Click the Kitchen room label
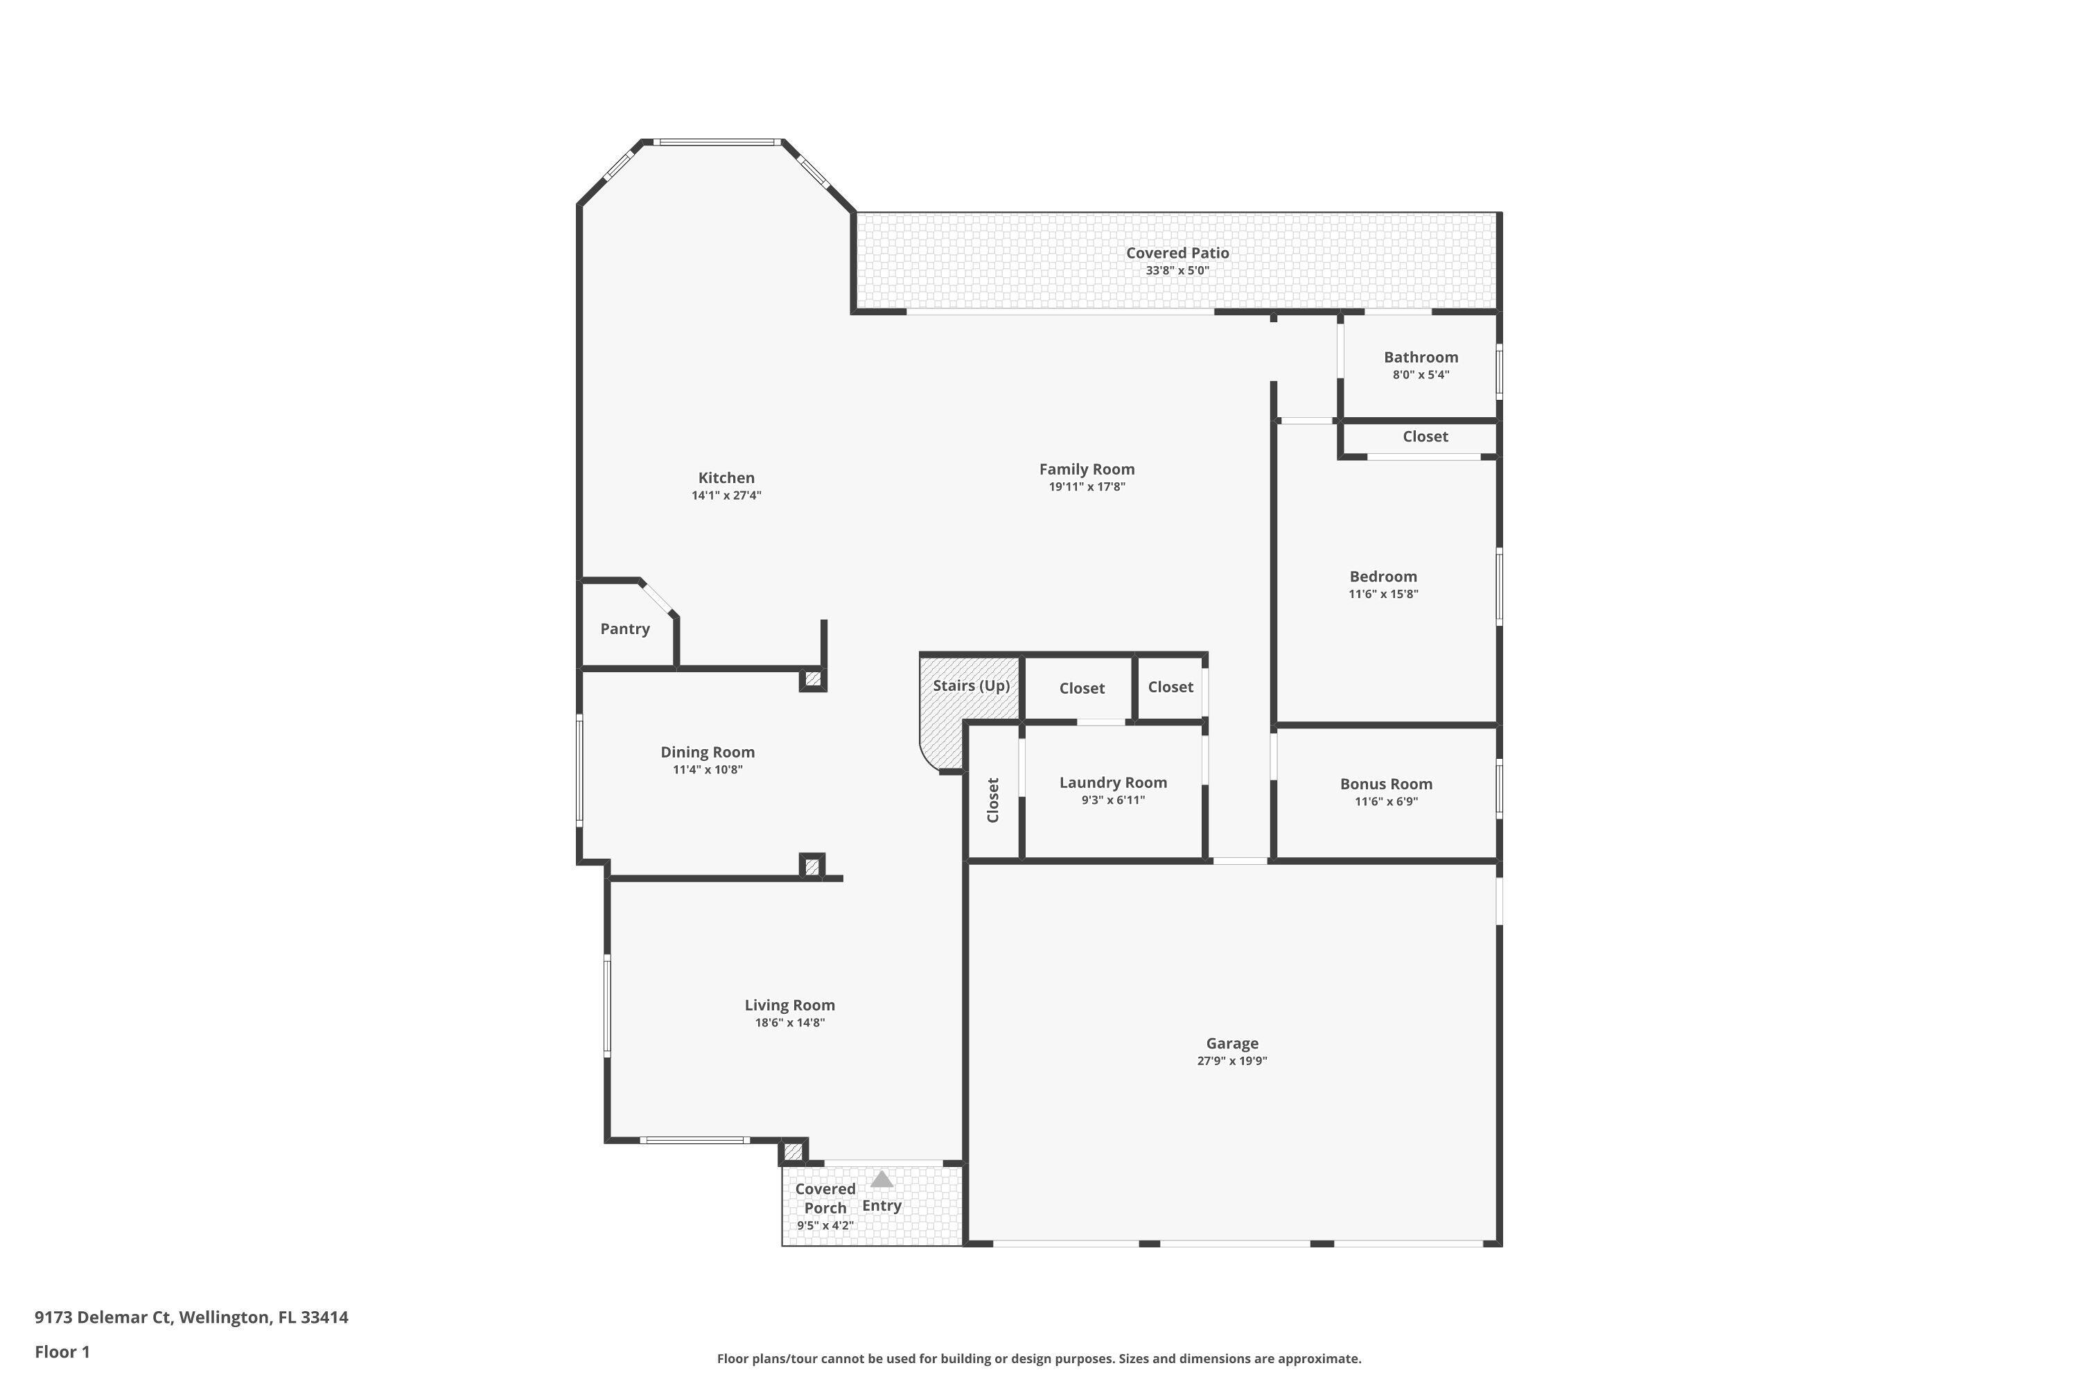(726, 478)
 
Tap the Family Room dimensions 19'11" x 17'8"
(1087, 487)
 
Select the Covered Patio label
(1177, 253)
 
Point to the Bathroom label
(1421, 357)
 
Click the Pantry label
(624, 629)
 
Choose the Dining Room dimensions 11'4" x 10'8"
(707, 770)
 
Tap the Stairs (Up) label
(971, 685)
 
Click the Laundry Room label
(1113, 782)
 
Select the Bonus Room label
(1385, 784)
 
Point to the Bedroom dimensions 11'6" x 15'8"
(1383, 594)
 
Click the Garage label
(1231, 1043)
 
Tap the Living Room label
(789, 1005)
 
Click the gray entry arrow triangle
(881, 1180)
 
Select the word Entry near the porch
(881, 1206)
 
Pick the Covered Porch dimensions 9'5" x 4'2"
(825, 1225)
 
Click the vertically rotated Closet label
(992, 800)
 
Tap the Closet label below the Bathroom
(1425, 437)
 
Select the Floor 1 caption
(62, 1351)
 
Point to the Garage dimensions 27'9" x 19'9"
(1231, 1061)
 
